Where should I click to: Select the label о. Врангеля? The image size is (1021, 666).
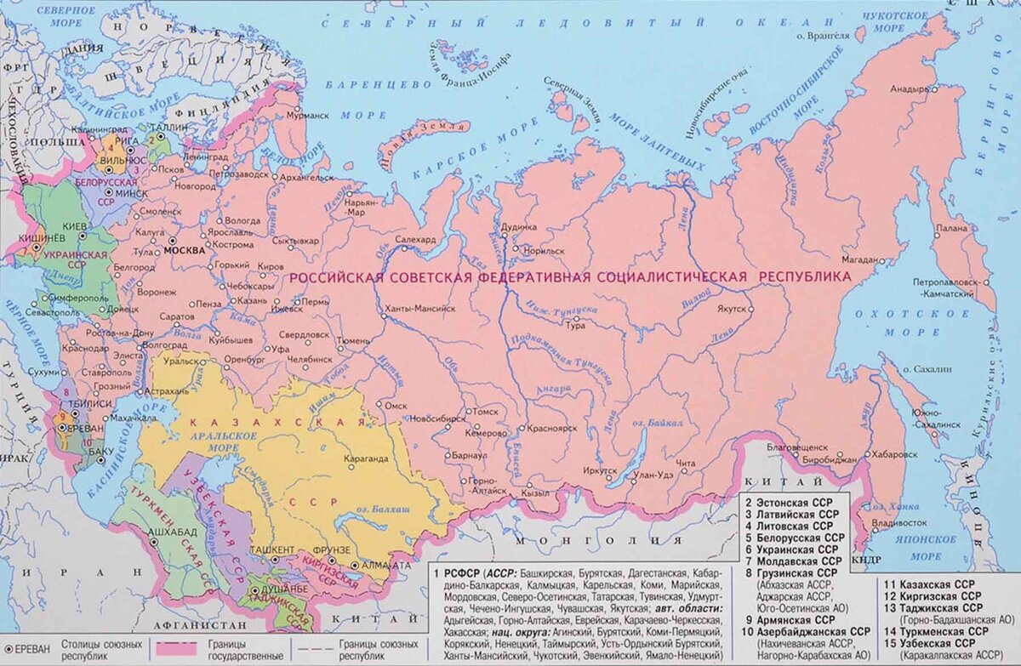(x=823, y=36)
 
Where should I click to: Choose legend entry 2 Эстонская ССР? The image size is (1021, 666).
(x=793, y=503)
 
